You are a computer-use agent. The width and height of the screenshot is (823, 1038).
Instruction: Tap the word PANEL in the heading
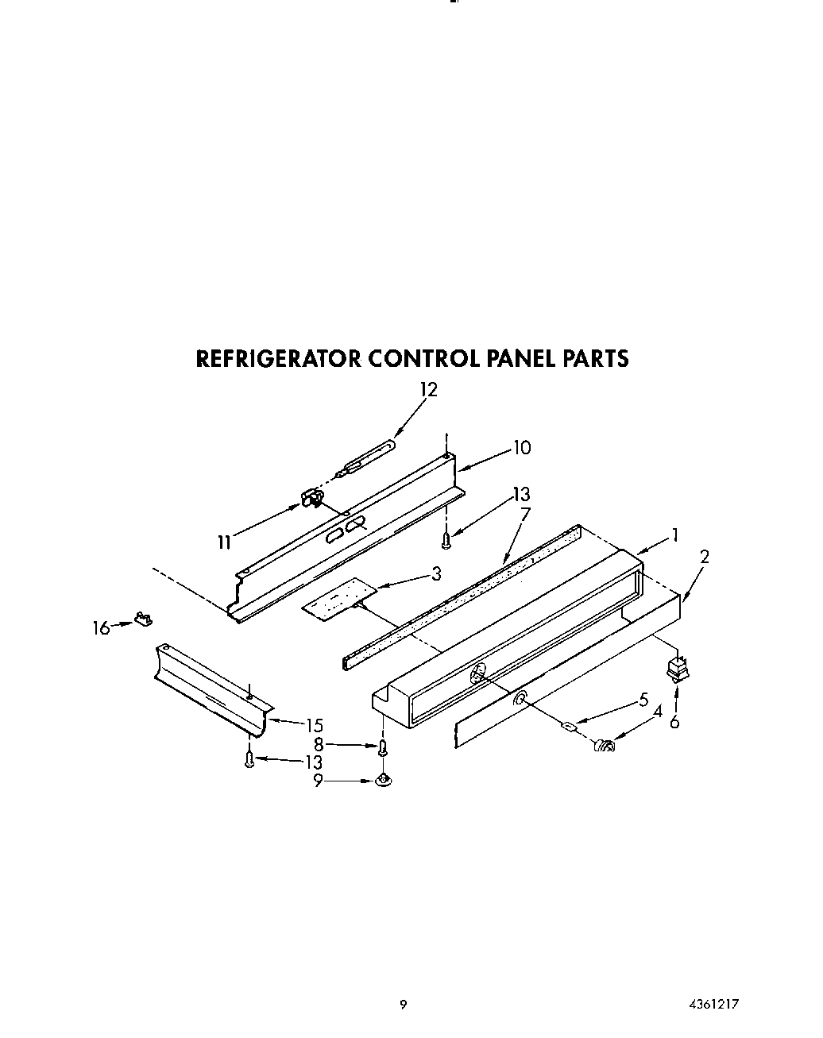coord(518,358)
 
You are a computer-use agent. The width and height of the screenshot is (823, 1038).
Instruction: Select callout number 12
coord(428,389)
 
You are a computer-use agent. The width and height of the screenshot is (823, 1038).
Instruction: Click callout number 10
coord(521,447)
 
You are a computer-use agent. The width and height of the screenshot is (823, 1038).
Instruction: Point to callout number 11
coord(225,542)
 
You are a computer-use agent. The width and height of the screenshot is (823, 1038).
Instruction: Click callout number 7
coord(524,514)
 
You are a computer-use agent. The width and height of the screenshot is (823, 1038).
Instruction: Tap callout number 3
coord(436,573)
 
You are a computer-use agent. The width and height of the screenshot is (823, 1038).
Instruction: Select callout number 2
coord(704,556)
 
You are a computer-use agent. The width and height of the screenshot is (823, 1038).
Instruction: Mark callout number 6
coord(674,721)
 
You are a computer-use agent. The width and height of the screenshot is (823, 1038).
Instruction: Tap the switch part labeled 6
coord(676,669)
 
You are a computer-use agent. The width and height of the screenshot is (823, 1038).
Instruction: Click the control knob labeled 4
coord(605,746)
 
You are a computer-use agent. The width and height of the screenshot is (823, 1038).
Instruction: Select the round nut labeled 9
coord(384,782)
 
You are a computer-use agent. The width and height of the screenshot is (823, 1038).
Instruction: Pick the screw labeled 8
coord(383,747)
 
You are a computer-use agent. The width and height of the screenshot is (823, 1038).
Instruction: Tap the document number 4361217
coord(715,1004)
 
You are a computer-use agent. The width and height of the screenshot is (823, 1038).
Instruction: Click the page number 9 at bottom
coord(403,1004)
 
